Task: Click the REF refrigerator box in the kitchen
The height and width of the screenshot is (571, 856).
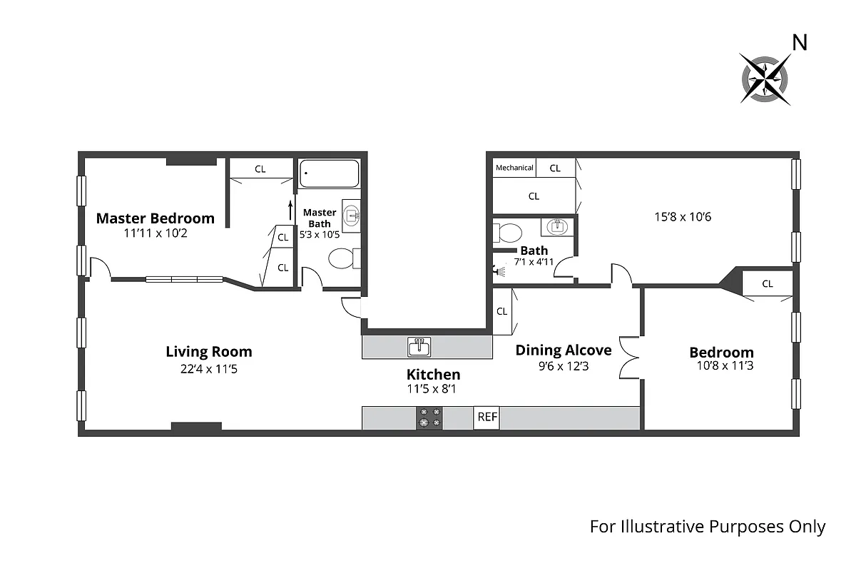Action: pyautogui.click(x=486, y=418)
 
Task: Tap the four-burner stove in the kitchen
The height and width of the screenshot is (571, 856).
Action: pyautogui.click(x=429, y=418)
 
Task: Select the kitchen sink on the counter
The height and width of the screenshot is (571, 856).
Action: pyautogui.click(x=419, y=348)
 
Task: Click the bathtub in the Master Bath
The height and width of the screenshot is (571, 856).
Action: pyautogui.click(x=329, y=173)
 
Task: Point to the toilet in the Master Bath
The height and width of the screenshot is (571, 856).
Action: pyautogui.click(x=342, y=258)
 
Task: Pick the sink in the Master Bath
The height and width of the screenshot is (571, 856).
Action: pyautogui.click(x=352, y=213)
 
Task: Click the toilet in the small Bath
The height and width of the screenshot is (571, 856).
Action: pyautogui.click(x=509, y=233)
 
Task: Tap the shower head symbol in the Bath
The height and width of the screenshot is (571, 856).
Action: pyautogui.click(x=499, y=271)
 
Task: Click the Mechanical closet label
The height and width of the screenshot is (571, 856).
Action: pyautogui.click(x=514, y=168)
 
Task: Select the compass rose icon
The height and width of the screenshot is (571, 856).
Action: pyautogui.click(x=765, y=79)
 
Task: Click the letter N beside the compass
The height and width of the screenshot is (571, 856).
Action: pyautogui.click(x=800, y=44)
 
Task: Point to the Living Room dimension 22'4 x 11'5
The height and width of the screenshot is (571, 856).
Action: pyautogui.click(x=209, y=369)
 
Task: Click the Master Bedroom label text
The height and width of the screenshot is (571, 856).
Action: pyautogui.click(x=155, y=218)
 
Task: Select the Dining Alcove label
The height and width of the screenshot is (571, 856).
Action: pyautogui.click(x=564, y=350)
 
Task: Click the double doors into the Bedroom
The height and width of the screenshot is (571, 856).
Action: pyautogui.click(x=631, y=356)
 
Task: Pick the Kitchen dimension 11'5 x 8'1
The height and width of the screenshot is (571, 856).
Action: pyautogui.click(x=433, y=390)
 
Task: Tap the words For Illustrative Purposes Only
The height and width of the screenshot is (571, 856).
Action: pyautogui.click(x=707, y=527)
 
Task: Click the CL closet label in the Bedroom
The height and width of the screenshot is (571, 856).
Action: pyautogui.click(x=767, y=283)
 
